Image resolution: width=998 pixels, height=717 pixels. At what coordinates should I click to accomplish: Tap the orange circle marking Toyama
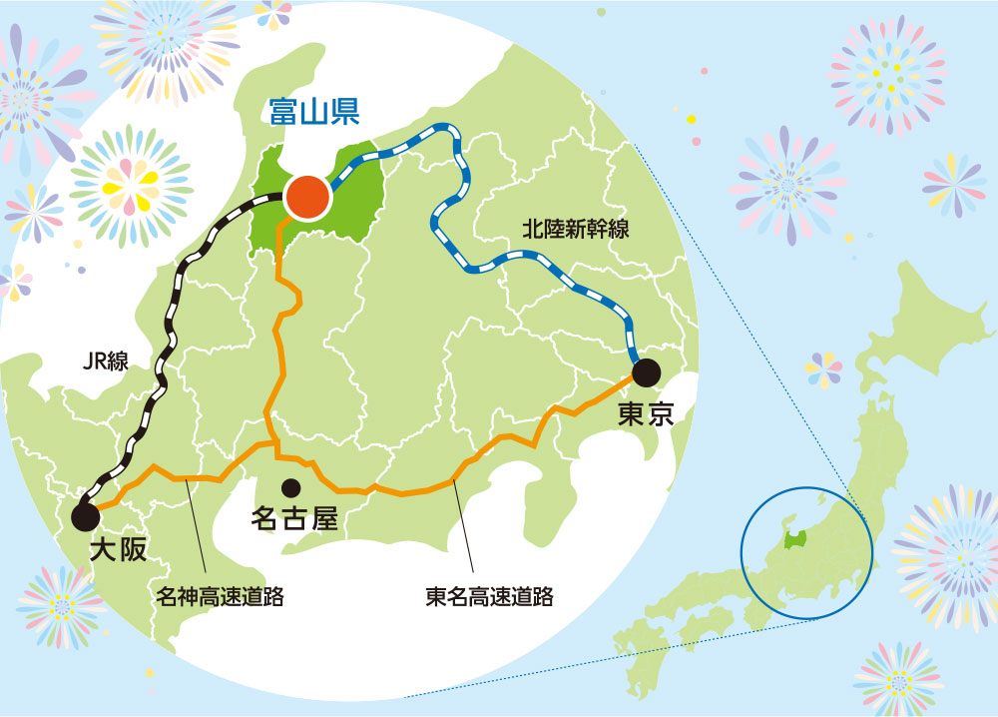306,198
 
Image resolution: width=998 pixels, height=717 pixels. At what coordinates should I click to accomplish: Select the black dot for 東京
646,372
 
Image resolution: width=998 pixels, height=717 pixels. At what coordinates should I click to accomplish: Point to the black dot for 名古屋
291,488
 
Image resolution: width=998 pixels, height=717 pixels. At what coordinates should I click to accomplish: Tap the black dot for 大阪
85,516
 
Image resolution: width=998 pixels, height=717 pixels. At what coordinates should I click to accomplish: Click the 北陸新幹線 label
576,229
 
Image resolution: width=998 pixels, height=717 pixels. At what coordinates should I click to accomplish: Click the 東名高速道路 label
489,598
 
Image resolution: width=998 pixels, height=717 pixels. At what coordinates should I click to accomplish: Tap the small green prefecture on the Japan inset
795,540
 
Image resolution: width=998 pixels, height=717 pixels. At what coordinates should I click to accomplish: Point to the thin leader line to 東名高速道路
464,530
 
